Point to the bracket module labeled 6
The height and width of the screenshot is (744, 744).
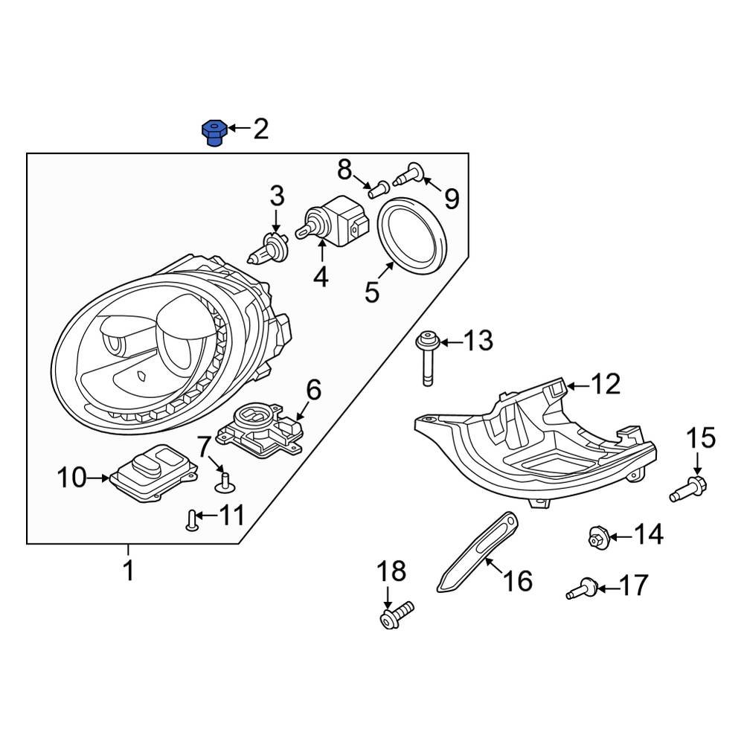click(x=260, y=430)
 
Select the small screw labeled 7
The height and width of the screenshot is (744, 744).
click(x=223, y=482)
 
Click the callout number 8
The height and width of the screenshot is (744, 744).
click(x=344, y=170)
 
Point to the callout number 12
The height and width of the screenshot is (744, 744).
click(x=605, y=384)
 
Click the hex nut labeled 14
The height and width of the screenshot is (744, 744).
click(x=598, y=534)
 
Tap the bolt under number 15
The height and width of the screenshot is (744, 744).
click(x=689, y=490)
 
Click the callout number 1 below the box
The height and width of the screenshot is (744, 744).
click(x=128, y=571)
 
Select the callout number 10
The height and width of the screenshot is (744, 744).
click(x=73, y=478)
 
